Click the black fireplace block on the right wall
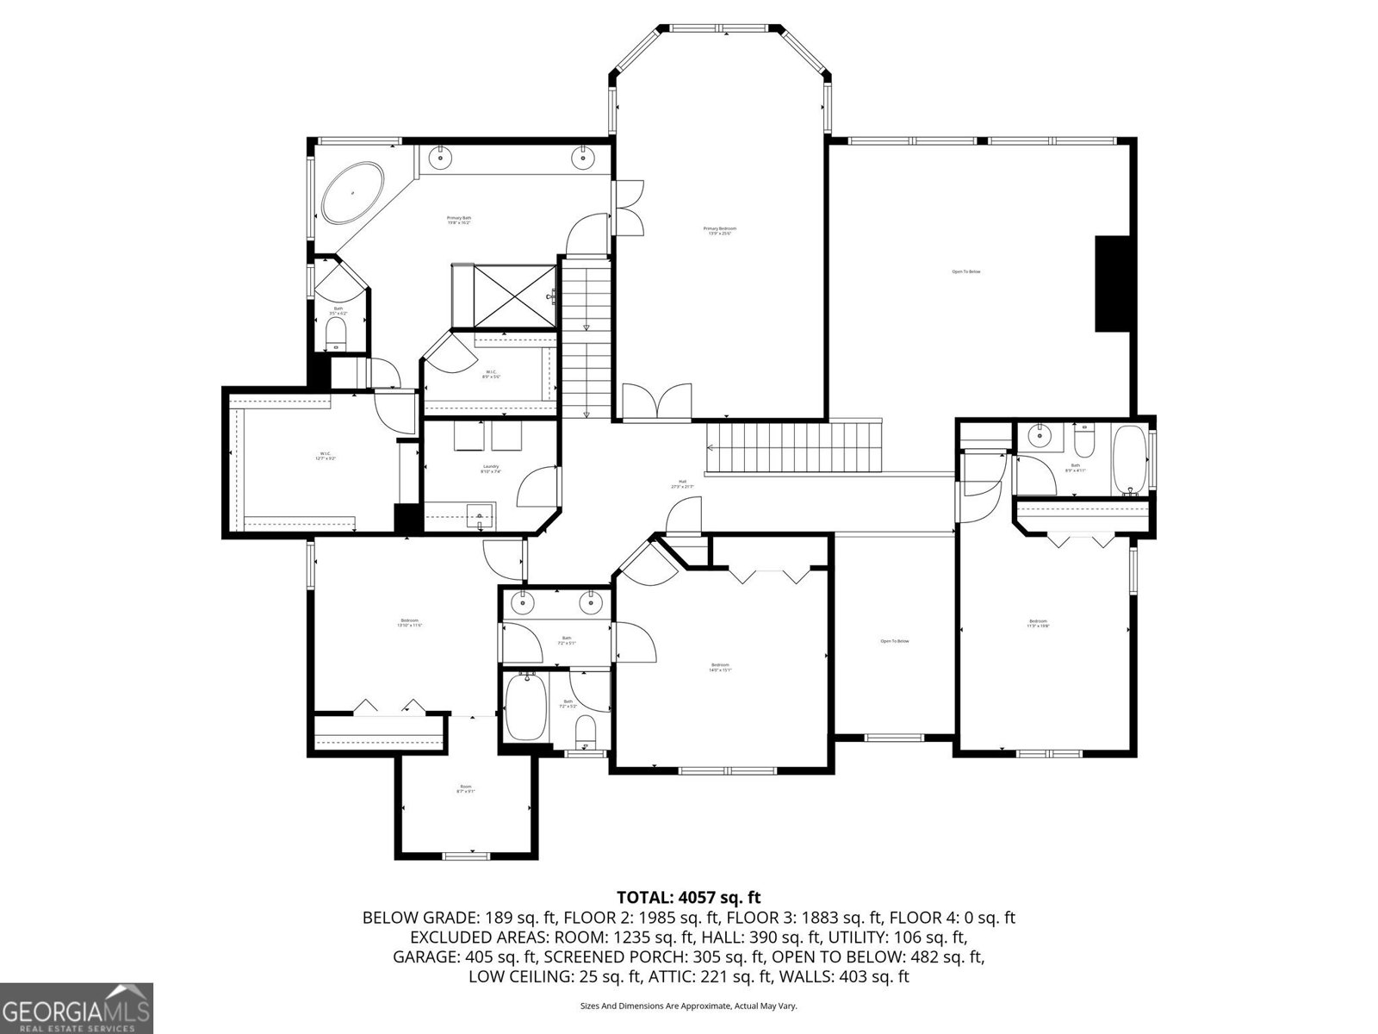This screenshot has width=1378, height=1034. pos(1111,283)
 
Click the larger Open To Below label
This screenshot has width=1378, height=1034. pos(965,271)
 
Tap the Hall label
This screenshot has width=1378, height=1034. pos(682,484)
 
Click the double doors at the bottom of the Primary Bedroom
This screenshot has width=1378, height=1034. pos(656,403)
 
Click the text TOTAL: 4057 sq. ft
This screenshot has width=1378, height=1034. pos(688,898)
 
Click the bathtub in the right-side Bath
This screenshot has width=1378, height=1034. pos(1129,459)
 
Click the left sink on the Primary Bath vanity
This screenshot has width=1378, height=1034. pos(441,158)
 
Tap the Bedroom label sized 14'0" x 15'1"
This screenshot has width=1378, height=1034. pos(720,667)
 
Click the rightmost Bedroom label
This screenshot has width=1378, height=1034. pos(1038,624)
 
